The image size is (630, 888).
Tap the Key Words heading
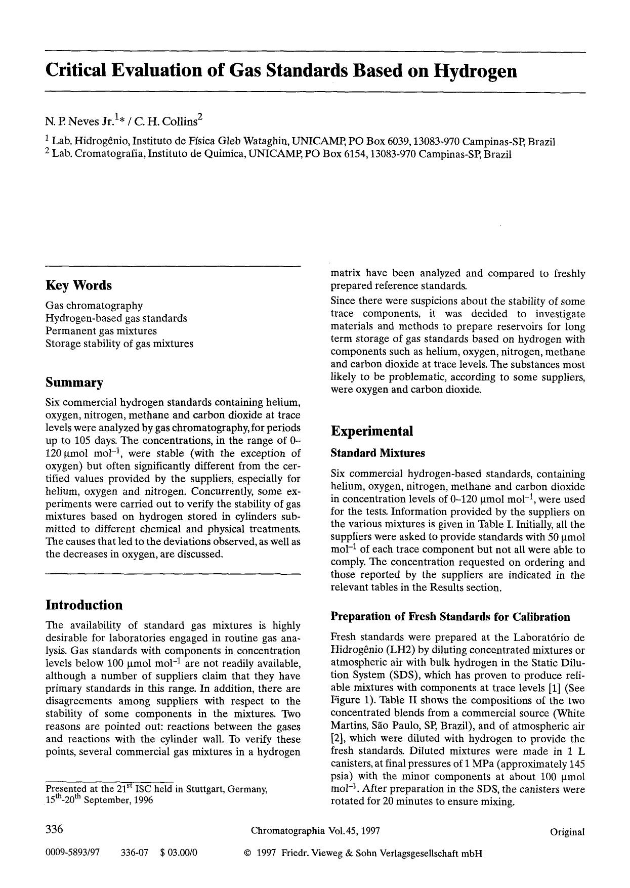click(x=78, y=285)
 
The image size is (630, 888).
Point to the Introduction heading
click(x=84, y=605)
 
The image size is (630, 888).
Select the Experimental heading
click(x=371, y=431)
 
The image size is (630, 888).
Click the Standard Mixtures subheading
click(x=377, y=453)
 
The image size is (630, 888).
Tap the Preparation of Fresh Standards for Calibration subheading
click(x=450, y=617)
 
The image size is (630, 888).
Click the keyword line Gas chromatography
click(x=94, y=306)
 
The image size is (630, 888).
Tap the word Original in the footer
click(x=567, y=832)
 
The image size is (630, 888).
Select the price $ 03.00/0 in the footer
click(x=178, y=854)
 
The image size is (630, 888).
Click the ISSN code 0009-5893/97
click(x=73, y=854)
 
